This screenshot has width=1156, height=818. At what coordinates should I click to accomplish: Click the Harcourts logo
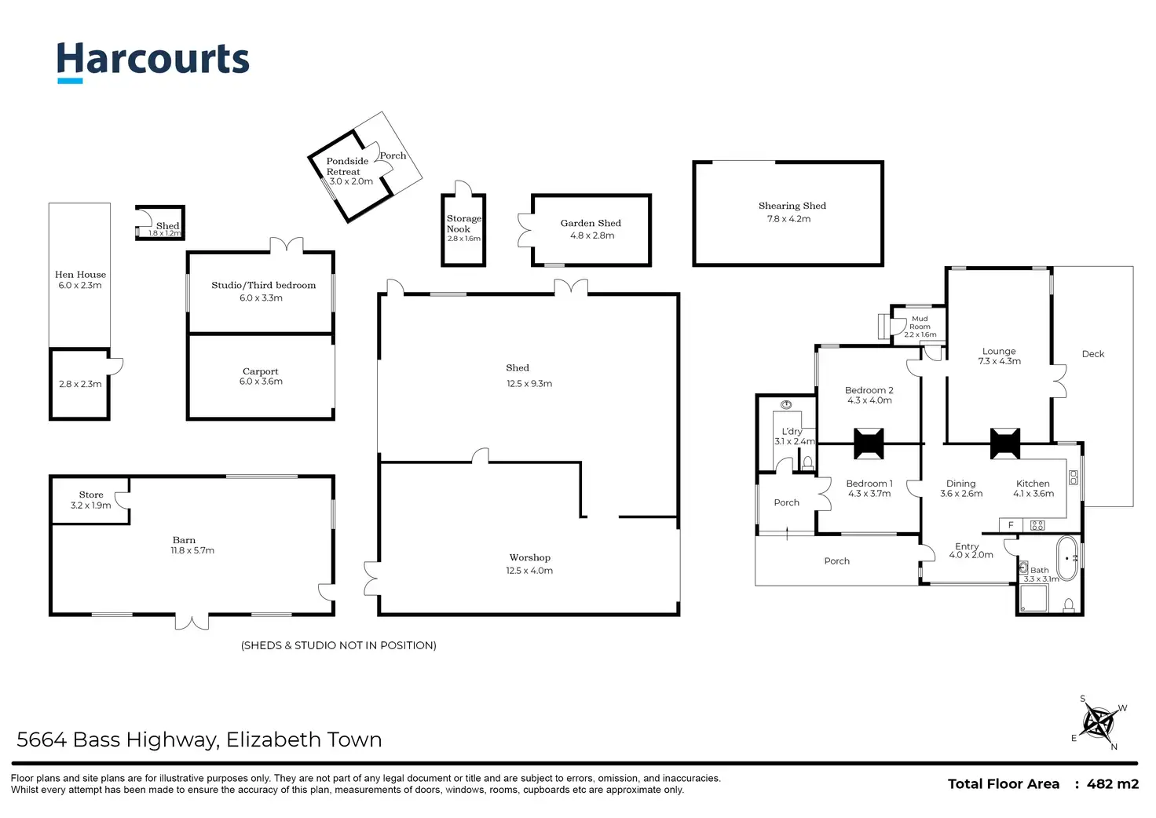pos(152,61)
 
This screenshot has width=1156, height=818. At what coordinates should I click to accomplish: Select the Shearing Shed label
pos(792,206)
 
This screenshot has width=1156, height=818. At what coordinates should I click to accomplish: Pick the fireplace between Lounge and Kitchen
pos(1004,444)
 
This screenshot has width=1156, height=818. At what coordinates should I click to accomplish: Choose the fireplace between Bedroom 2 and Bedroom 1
pos(869,444)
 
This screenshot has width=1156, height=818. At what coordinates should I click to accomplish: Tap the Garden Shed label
pos(591,224)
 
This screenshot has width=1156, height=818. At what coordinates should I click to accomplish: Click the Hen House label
pos(80,275)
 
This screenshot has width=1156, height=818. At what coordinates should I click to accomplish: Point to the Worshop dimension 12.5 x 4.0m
pos(529,571)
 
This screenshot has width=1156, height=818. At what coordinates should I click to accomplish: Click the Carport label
pos(260,371)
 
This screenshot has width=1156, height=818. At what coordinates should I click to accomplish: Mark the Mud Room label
pos(920,323)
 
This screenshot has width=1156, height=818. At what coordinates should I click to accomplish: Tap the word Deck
pos(1092,354)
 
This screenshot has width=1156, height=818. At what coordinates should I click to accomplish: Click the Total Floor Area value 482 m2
pos(1112,783)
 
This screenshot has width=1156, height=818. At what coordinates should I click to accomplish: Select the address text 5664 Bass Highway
pos(117,739)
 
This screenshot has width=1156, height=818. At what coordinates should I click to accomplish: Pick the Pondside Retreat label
pos(346,166)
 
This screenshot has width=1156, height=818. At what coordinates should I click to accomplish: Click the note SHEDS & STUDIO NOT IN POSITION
pos(338,645)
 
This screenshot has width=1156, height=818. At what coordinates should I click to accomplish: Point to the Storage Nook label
pos(463,224)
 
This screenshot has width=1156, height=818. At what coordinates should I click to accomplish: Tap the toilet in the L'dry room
pos(807,463)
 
